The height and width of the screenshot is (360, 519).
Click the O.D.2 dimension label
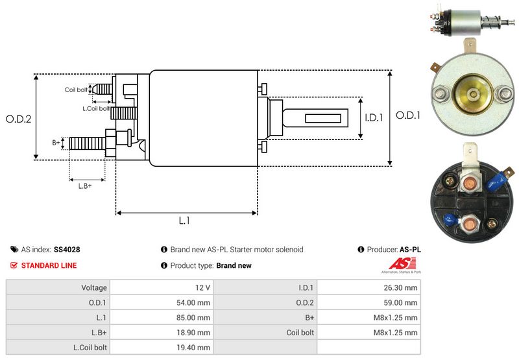point(18,119)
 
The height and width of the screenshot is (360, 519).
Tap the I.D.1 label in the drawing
point(374,118)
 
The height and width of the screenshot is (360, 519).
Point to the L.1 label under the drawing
point(184,221)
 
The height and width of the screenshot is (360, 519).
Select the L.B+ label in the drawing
point(85,186)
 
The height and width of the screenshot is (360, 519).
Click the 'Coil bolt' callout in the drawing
point(75,90)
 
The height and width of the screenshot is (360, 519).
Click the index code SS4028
point(67,249)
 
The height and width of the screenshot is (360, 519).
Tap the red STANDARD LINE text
point(49,265)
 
